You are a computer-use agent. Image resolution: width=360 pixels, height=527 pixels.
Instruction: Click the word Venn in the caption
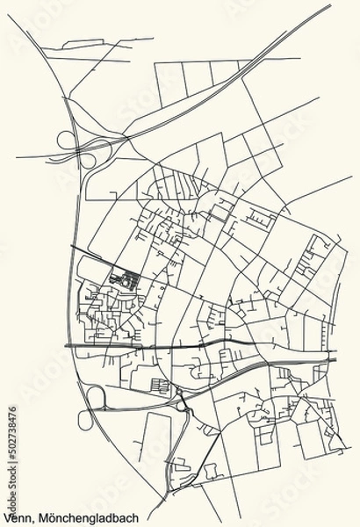[x=16, y=517]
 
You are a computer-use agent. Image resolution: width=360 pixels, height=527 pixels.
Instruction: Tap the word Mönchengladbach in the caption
[x=79, y=517]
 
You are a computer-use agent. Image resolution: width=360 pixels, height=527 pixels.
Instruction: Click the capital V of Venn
[x=5, y=517]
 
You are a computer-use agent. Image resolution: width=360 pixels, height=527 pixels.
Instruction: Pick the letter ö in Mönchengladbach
[x=49, y=517]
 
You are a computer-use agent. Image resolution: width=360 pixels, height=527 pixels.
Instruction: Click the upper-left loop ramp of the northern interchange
[x=64, y=138]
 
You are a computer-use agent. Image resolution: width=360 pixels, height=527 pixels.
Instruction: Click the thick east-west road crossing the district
[x=202, y=345]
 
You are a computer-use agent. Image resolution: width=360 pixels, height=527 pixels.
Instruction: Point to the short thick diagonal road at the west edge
[x=76, y=246]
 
